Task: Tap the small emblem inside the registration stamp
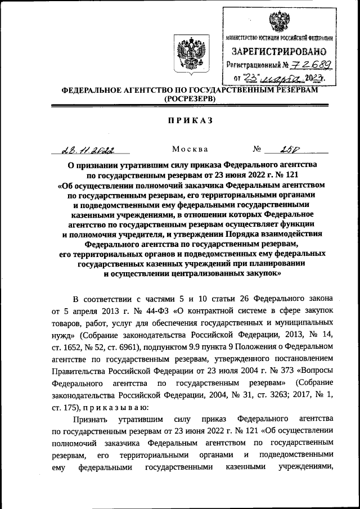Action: pos(278,21)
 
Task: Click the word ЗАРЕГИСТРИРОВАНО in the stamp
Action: pos(278,52)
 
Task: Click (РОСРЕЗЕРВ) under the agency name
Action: pos(189,98)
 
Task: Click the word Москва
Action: pos(190,150)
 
